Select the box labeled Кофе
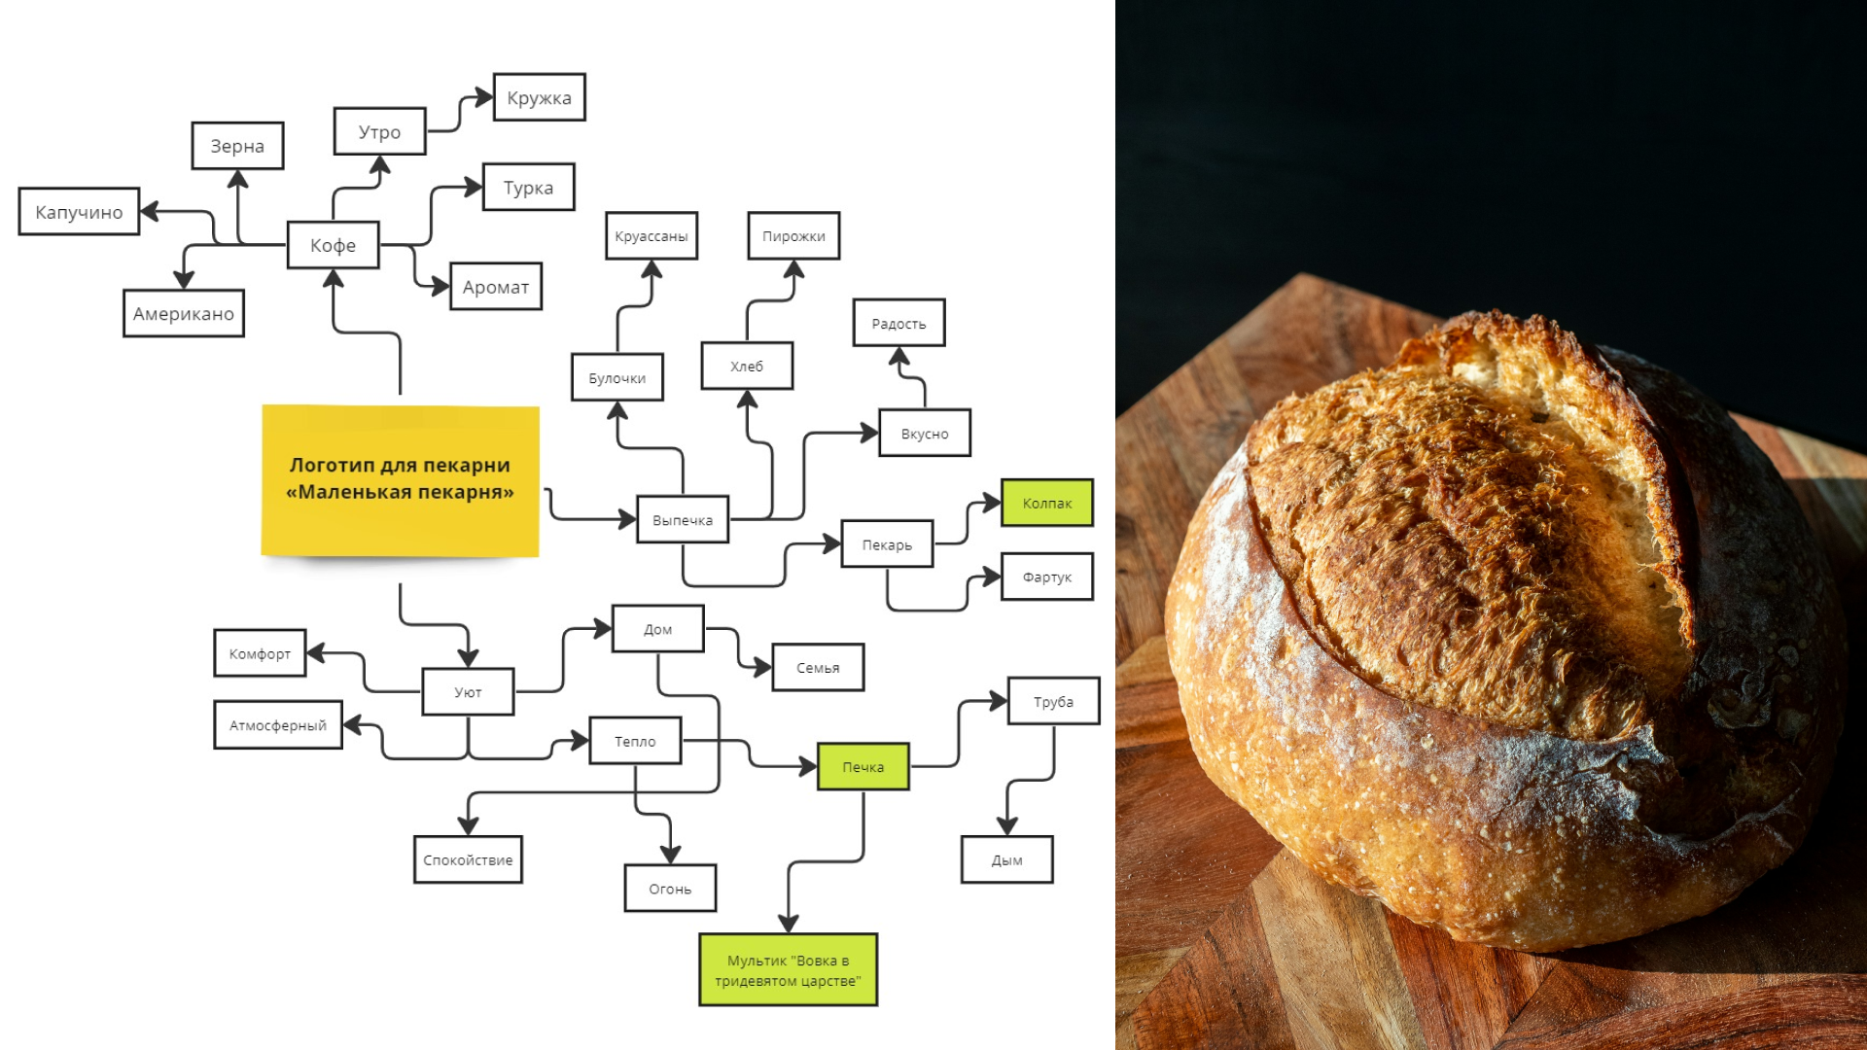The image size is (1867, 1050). click(x=333, y=245)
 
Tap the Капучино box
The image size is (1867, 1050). click(x=79, y=212)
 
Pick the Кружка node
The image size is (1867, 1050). click(x=539, y=97)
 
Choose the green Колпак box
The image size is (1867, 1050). click(x=1046, y=503)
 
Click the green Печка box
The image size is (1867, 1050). click(x=863, y=767)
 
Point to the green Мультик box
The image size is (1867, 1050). click(x=788, y=970)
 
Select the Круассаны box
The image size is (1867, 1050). click(x=651, y=236)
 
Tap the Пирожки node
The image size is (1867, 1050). click(x=793, y=236)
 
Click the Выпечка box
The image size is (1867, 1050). click(x=682, y=520)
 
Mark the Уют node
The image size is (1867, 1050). click(x=468, y=692)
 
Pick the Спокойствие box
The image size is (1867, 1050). click(x=468, y=859)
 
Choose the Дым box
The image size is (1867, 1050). click(x=1006, y=859)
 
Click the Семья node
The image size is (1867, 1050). click(x=818, y=668)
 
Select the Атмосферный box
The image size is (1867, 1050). click(x=278, y=725)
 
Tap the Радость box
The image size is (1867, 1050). click(x=898, y=324)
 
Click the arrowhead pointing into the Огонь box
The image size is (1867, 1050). click(x=670, y=855)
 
